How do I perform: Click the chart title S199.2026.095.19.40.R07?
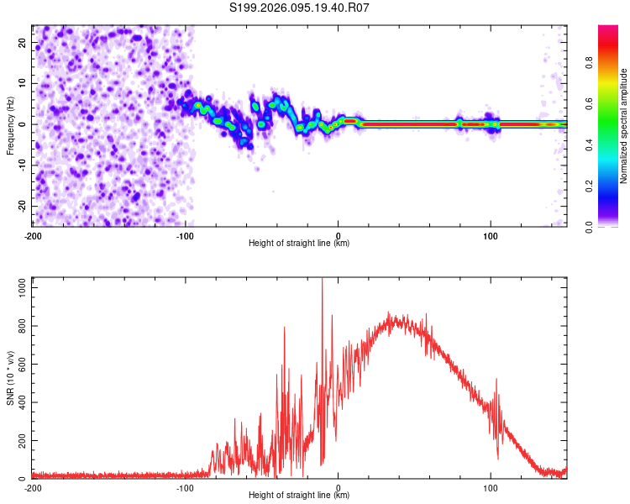pos(300,8)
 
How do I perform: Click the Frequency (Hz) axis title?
pos(10,125)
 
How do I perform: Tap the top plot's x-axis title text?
pos(299,243)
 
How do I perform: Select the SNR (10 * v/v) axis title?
pos(10,378)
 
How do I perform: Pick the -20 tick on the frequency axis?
pos(21,206)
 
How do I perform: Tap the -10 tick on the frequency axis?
pos(21,165)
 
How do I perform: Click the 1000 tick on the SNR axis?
pos(18,286)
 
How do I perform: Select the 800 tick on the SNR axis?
pos(20,325)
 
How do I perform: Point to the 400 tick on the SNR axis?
pos(20,402)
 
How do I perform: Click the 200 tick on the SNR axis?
pos(20,441)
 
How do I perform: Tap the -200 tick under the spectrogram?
pos(33,234)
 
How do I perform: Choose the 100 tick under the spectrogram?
pos(491,234)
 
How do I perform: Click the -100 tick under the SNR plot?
pos(185,487)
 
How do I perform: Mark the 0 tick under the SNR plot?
pos(338,487)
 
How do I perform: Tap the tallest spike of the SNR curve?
pos(323,280)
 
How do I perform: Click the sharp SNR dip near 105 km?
pos(497,458)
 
